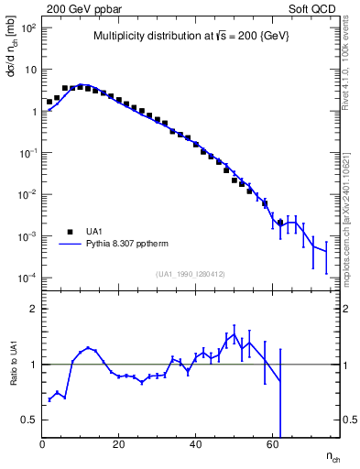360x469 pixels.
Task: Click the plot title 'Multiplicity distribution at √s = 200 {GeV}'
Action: (x=192, y=38)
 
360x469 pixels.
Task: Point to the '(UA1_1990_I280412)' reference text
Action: (x=192, y=273)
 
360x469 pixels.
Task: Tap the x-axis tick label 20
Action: (x=118, y=445)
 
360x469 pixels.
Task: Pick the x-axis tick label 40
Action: (x=195, y=445)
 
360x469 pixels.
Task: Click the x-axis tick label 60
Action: (x=271, y=445)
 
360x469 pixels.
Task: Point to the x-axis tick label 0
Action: (x=42, y=445)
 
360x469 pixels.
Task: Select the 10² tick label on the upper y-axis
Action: (x=27, y=27)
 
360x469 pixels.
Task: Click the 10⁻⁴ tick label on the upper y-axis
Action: (x=27, y=278)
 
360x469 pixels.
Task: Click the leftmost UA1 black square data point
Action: (x=49, y=103)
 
